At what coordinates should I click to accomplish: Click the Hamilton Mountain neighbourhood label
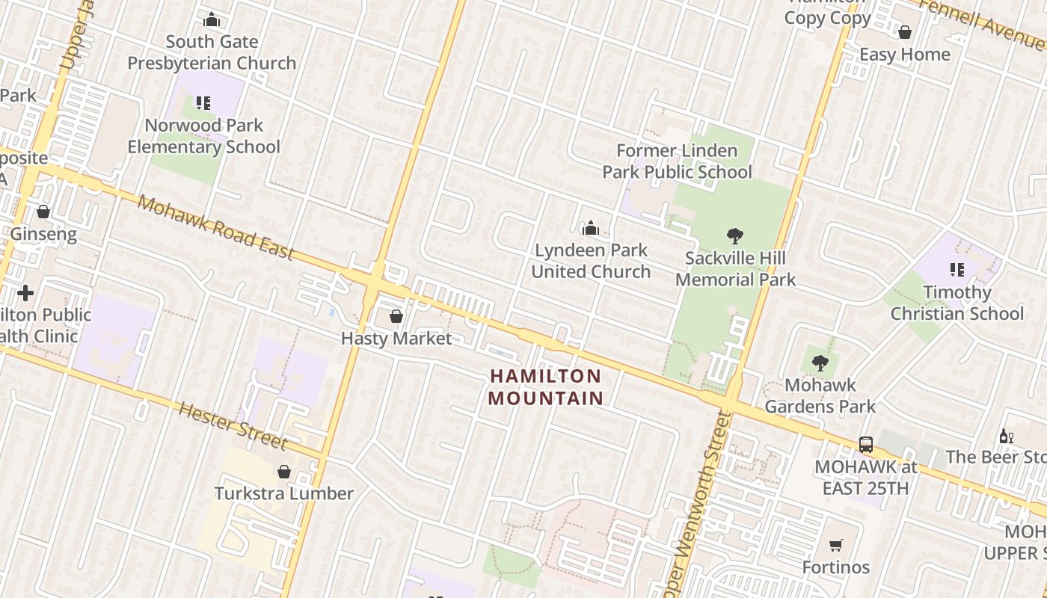click(546, 386)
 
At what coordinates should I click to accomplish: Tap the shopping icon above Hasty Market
click(396, 317)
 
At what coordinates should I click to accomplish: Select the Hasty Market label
click(396, 339)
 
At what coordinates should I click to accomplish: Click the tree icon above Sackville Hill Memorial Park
click(735, 237)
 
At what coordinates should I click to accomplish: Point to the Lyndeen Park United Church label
click(591, 260)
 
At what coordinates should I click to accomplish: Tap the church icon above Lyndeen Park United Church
click(591, 228)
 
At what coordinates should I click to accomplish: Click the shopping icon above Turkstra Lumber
click(284, 472)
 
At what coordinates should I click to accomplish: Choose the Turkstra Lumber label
click(284, 493)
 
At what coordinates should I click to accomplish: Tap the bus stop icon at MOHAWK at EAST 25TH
click(866, 445)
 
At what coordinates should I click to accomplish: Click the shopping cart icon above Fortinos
click(836, 546)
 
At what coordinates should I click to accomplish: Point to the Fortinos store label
click(836, 567)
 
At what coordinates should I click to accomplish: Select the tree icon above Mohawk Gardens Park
click(820, 364)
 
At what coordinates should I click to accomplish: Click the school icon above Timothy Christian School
click(957, 270)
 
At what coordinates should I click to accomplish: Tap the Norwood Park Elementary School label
click(203, 136)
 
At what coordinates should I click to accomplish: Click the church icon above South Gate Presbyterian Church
click(212, 20)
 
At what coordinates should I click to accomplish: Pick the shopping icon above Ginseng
click(43, 212)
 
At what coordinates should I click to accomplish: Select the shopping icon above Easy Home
click(905, 33)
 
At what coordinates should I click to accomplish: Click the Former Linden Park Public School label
click(678, 161)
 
